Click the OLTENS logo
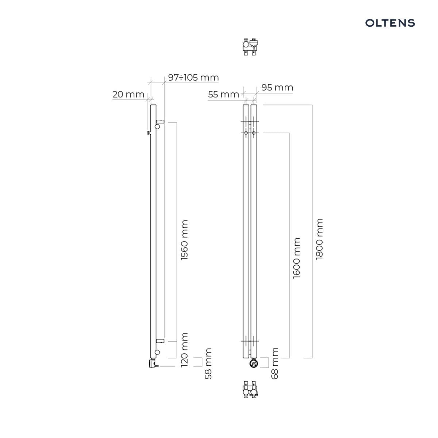coord(390,23)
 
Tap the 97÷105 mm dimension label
coord(193,78)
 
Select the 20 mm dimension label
coord(128,94)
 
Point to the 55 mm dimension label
coord(223,94)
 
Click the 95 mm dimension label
coord(277,88)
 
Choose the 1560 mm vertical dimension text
coord(184,240)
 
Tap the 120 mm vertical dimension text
coord(184,350)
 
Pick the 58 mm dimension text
coord(208,364)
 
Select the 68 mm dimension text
coord(274,363)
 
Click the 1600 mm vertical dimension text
coord(297,258)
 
